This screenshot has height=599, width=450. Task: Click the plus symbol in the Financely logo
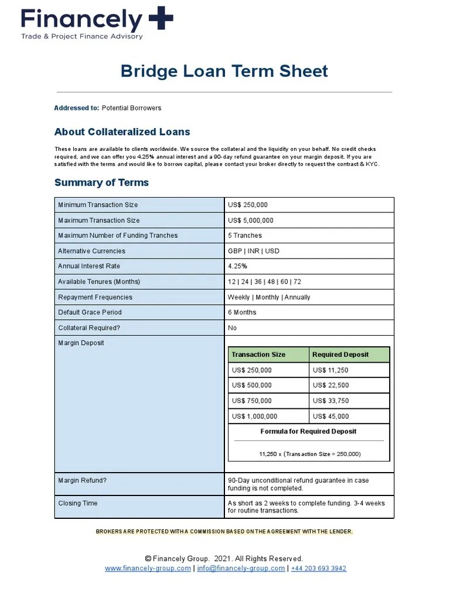161,19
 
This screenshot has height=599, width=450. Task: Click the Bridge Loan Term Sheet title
224,71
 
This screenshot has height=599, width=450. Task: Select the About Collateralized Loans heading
122,132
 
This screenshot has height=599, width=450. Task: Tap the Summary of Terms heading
101,183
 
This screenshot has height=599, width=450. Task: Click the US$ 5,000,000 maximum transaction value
250,221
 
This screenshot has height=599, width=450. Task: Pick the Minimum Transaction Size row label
98,205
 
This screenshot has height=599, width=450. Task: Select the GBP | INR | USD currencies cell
254,251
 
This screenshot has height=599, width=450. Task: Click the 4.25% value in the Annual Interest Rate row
237,266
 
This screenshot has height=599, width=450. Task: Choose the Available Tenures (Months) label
99,282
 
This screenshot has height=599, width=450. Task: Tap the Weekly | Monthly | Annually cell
269,297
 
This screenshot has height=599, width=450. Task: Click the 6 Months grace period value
242,312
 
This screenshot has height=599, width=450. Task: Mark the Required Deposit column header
340,354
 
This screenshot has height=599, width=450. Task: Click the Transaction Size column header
258,354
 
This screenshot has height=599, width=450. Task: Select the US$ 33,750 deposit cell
330,401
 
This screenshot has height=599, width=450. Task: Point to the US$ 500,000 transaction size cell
252,385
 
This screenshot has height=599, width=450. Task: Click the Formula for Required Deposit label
308,432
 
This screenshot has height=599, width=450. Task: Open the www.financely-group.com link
148,568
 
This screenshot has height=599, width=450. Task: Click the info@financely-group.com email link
241,568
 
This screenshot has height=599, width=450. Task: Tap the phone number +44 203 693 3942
318,568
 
